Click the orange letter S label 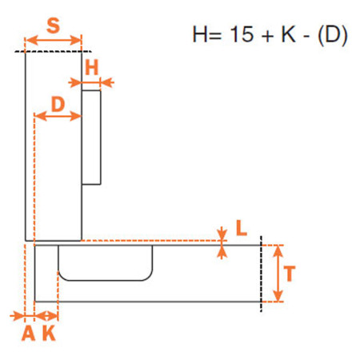tap(53, 26)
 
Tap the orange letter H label tap(92, 67)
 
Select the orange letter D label tap(58, 104)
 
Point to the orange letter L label tap(242, 228)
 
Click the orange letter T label tap(290, 274)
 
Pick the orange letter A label tap(28, 334)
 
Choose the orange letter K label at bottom tap(49, 334)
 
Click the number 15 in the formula tap(242, 34)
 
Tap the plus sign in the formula tap(268, 36)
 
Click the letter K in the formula tap(289, 34)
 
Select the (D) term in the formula tap(333, 35)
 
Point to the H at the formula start tap(200, 34)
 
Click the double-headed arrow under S tap(54, 41)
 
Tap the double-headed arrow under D tap(58, 116)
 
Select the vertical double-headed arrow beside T tap(278, 274)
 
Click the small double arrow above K tap(46, 316)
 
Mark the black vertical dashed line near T tap(261, 274)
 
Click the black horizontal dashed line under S tap(53, 51)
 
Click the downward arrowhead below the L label tap(222, 234)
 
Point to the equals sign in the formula tap(216, 36)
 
